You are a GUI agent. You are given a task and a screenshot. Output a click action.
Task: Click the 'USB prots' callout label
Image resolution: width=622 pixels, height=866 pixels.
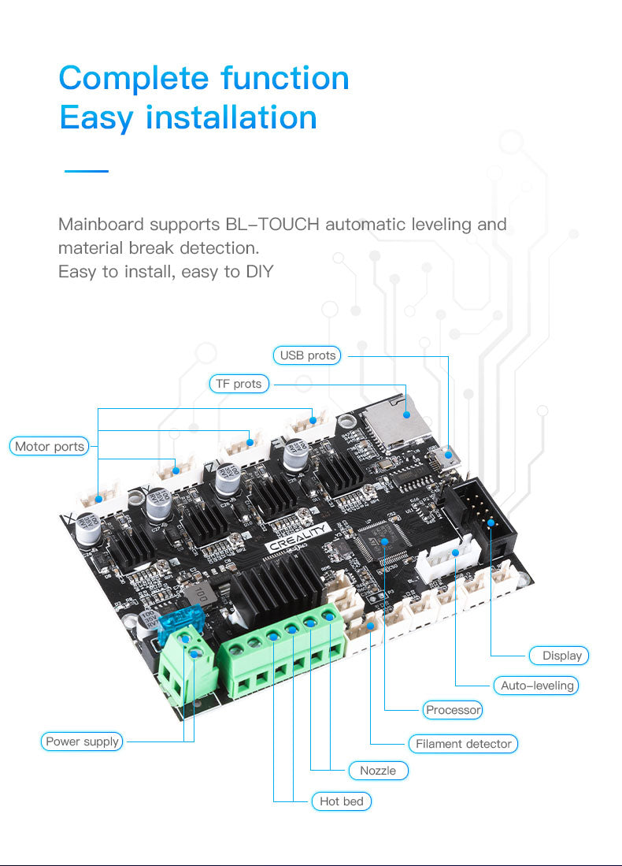click(x=308, y=355)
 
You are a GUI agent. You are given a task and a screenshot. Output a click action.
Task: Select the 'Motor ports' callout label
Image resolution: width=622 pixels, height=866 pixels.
click(x=50, y=447)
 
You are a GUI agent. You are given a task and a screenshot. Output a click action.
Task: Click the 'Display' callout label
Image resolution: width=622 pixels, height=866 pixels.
click(x=558, y=655)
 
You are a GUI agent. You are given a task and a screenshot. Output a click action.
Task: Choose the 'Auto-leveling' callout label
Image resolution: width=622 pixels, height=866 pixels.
click(x=537, y=686)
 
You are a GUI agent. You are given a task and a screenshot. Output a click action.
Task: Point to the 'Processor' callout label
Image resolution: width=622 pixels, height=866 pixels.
click(x=453, y=710)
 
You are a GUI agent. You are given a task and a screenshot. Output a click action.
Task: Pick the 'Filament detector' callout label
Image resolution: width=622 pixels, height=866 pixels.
click(x=463, y=744)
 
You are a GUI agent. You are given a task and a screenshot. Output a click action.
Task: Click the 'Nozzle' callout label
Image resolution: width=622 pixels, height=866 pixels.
click(x=378, y=770)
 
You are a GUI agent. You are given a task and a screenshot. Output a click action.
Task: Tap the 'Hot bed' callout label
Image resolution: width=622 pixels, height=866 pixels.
click(x=342, y=801)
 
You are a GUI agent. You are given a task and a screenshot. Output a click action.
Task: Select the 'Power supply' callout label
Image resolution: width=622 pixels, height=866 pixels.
click(x=83, y=741)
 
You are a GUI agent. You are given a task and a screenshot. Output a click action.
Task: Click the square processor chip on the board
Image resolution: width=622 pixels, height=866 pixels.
click(x=383, y=543)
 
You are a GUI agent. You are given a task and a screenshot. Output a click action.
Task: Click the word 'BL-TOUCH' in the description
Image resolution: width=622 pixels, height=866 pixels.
click(x=272, y=225)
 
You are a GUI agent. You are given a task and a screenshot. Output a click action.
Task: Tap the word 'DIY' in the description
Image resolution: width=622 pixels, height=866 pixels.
click(x=259, y=272)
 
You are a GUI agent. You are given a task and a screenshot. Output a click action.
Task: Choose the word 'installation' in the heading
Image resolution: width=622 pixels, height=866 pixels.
click(x=231, y=118)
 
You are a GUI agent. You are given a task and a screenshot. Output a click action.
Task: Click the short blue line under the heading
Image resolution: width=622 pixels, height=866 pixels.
click(x=86, y=170)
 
